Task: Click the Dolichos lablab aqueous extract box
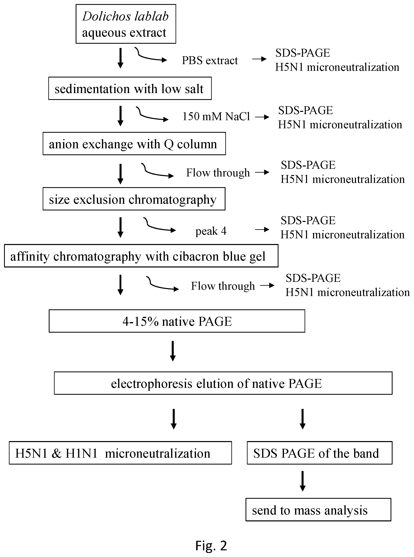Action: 126,24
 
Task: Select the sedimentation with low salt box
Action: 130,88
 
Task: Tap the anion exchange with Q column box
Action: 134,144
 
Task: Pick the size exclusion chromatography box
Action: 134,199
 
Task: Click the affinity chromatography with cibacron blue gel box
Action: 141,256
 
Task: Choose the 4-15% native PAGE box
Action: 177,321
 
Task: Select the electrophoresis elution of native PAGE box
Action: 223,383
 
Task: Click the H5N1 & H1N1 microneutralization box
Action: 120,453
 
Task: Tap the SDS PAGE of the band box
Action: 320,453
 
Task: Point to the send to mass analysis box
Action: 318,510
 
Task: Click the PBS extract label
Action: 210,60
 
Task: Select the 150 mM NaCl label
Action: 216,116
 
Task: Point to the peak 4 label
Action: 211,231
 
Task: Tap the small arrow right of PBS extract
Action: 259,59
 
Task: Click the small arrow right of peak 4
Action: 262,229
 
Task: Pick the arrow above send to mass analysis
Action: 303,481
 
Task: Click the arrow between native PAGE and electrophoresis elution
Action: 173,351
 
